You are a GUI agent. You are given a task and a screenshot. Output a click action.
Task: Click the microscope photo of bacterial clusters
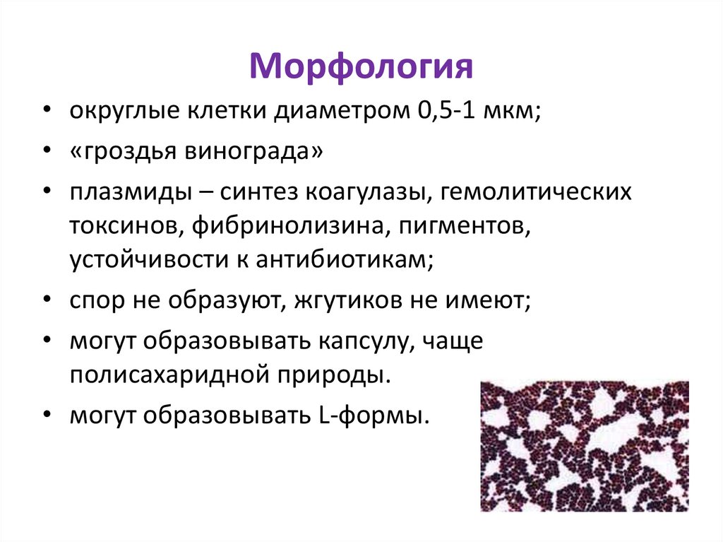tap(584, 446)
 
